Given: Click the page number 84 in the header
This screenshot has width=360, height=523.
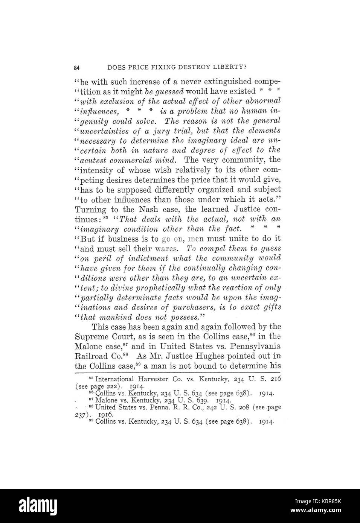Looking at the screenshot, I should pyautogui.click(x=77, y=68).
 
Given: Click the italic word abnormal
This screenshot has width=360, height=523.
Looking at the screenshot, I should pyautogui.click(x=262, y=101).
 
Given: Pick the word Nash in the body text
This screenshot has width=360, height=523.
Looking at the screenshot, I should pyautogui.click(x=150, y=209).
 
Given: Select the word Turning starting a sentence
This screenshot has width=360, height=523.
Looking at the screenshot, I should pyautogui.click(x=90, y=209).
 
